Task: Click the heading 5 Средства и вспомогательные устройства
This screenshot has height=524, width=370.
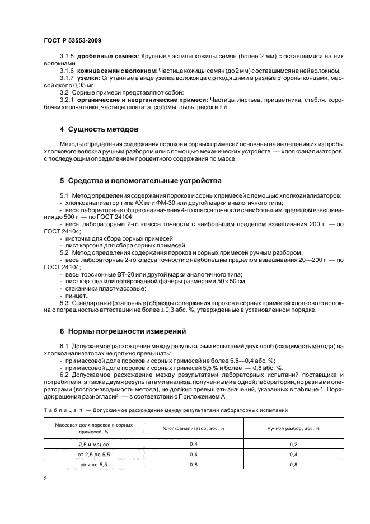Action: coord(133,181)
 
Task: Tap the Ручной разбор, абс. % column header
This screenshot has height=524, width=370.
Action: coord(293,428)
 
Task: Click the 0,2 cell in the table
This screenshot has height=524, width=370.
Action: coord(293,443)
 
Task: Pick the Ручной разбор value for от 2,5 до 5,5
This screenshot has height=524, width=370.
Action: coord(293,454)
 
